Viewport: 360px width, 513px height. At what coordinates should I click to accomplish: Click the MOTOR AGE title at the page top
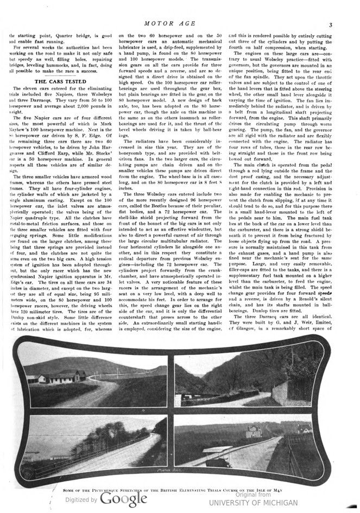click(179, 24)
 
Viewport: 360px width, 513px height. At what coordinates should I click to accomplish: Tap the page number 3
click(330, 25)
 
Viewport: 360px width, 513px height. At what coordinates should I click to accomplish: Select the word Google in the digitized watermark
click(123, 499)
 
